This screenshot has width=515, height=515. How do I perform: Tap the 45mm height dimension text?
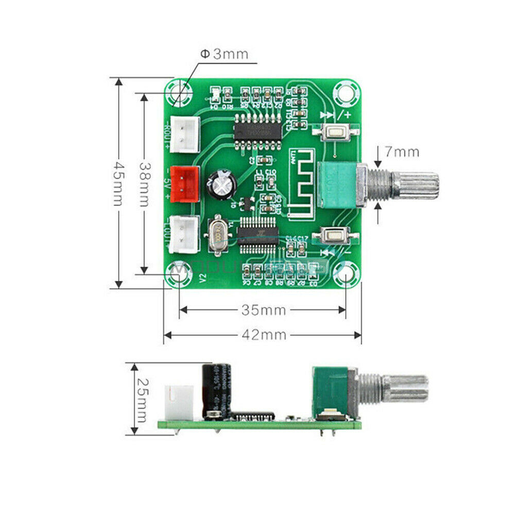point(119,183)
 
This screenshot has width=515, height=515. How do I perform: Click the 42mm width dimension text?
point(263,335)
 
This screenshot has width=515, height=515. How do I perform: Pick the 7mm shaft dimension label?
point(402,152)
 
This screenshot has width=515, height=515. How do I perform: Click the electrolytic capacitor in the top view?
point(221,184)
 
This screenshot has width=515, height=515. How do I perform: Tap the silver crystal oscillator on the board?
point(218,236)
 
